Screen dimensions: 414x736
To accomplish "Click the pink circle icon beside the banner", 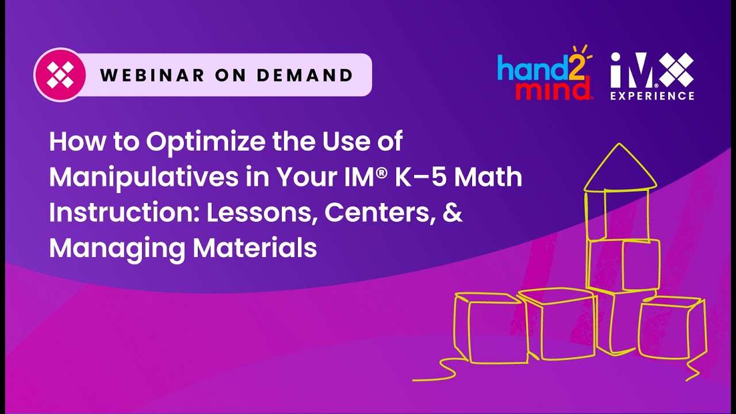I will [60, 75].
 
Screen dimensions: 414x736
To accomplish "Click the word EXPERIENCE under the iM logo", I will [652, 95].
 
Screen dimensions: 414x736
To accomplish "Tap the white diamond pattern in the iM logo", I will [675, 70].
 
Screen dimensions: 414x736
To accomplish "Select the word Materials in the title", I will [255, 248].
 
